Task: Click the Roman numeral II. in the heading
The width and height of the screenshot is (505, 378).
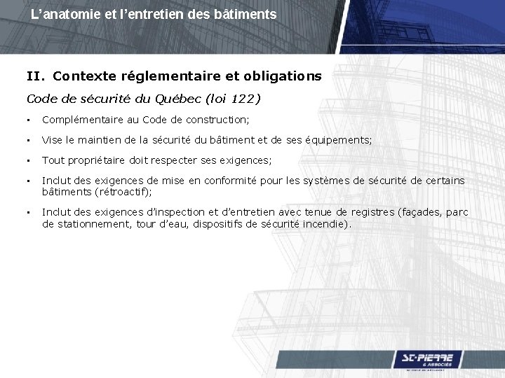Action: pyautogui.click(x=36, y=75)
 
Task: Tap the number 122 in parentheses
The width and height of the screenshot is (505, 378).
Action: pyautogui.click(x=241, y=99)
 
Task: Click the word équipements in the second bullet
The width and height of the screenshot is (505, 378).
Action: pyautogui.click(x=339, y=140)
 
